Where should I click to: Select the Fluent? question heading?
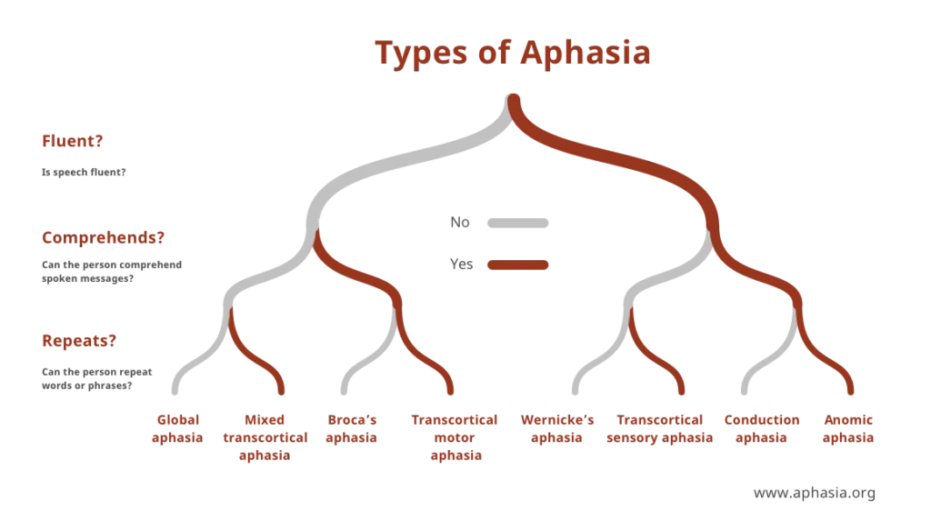pyautogui.click(x=72, y=141)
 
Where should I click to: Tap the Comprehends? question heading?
pyautogui.click(x=104, y=238)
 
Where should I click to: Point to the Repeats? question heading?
pyautogui.click(x=78, y=341)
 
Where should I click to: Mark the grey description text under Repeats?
pyautogui.click(x=95, y=376)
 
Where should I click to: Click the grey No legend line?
pyautogui.click(x=516, y=221)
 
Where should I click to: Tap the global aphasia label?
pyautogui.click(x=178, y=428)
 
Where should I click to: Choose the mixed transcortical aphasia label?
pyautogui.click(x=265, y=437)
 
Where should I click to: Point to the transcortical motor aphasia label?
pyautogui.click(x=454, y=437)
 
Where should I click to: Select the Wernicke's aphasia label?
pyautogui.click(x=556, y=428)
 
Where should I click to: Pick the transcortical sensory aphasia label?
pyautogui.click(x=660, y=428)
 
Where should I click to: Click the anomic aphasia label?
pyautogui.click(x=850, y=428)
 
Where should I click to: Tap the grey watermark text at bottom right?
pyautogui.click(x=816, y=494)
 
